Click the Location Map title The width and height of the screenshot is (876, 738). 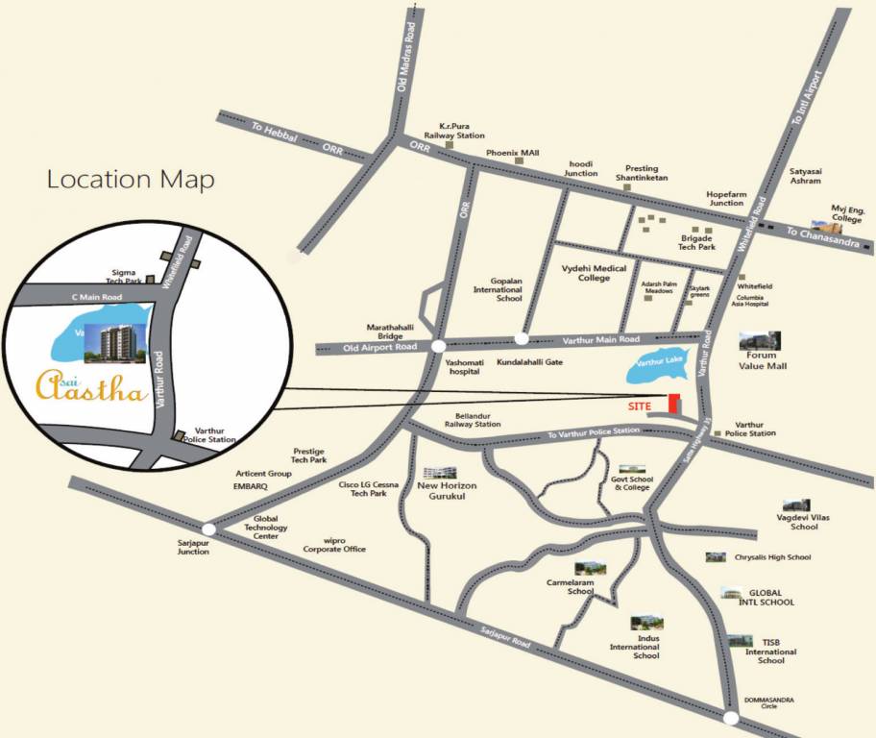(131, 180)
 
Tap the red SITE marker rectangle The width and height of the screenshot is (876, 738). (674, 405)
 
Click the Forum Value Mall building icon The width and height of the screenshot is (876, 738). (760, 341)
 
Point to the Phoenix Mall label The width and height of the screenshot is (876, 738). (513, 153)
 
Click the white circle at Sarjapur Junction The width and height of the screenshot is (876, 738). (208, 528)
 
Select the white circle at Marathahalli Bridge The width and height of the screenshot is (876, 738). (438, 346)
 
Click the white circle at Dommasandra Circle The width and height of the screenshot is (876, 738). (731, 718)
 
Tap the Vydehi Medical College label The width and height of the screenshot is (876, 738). (595, 273)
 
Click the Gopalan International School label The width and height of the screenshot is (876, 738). (497, 288)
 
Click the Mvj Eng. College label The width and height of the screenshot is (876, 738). (848, 213)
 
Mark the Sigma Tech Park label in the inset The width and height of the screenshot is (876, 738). (126, 277)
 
